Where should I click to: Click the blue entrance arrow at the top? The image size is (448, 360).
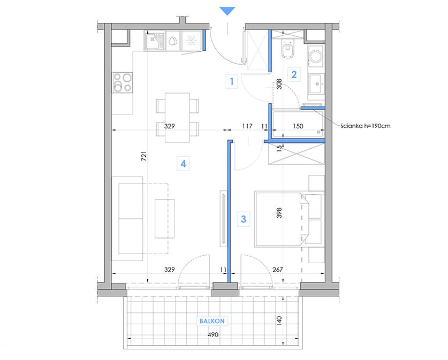point(227,11)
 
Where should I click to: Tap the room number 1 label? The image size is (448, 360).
point(231,81)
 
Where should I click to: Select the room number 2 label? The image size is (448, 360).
point(294,74)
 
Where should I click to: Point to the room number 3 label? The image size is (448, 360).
point(244,219)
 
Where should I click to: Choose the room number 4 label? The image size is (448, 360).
point(184,164)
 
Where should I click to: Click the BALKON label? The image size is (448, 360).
point(212,321)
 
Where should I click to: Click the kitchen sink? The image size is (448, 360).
point(154,41)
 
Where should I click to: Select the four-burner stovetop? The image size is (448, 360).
point(123,82)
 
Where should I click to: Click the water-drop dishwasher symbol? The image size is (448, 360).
point(173,41)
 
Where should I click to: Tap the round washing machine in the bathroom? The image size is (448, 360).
point(316,56)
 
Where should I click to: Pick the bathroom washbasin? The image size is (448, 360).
point(316,83)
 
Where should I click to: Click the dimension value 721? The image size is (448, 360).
point(144,156)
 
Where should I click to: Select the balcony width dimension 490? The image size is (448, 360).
point(213,334)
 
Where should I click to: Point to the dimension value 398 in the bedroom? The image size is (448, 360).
point(279,213)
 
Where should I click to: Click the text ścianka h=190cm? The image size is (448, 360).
point(366,126)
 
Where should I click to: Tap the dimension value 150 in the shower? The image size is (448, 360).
point(298,126)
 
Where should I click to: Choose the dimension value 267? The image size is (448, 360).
point(277,269)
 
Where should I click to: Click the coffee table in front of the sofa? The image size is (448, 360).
point(164,219)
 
